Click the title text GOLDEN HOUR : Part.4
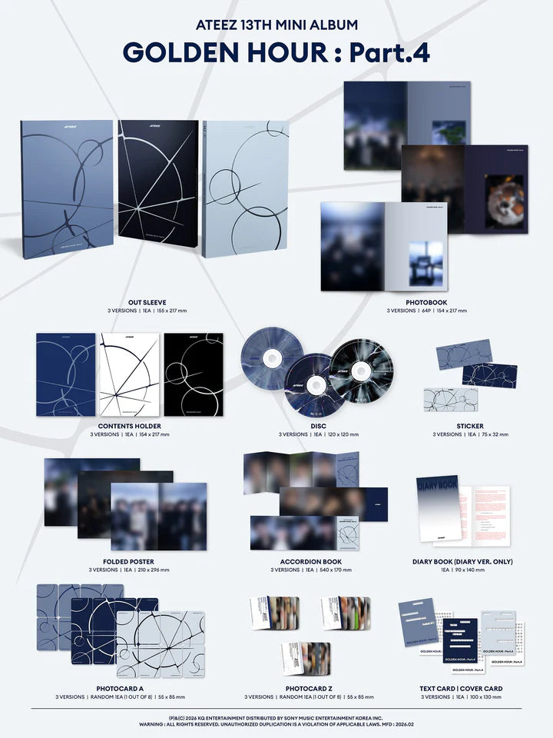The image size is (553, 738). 276,52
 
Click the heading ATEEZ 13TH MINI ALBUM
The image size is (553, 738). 276,25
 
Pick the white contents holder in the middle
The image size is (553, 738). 129,374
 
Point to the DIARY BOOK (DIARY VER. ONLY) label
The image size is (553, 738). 462,561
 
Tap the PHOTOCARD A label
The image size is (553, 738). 129,687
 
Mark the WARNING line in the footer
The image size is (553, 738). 276,723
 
